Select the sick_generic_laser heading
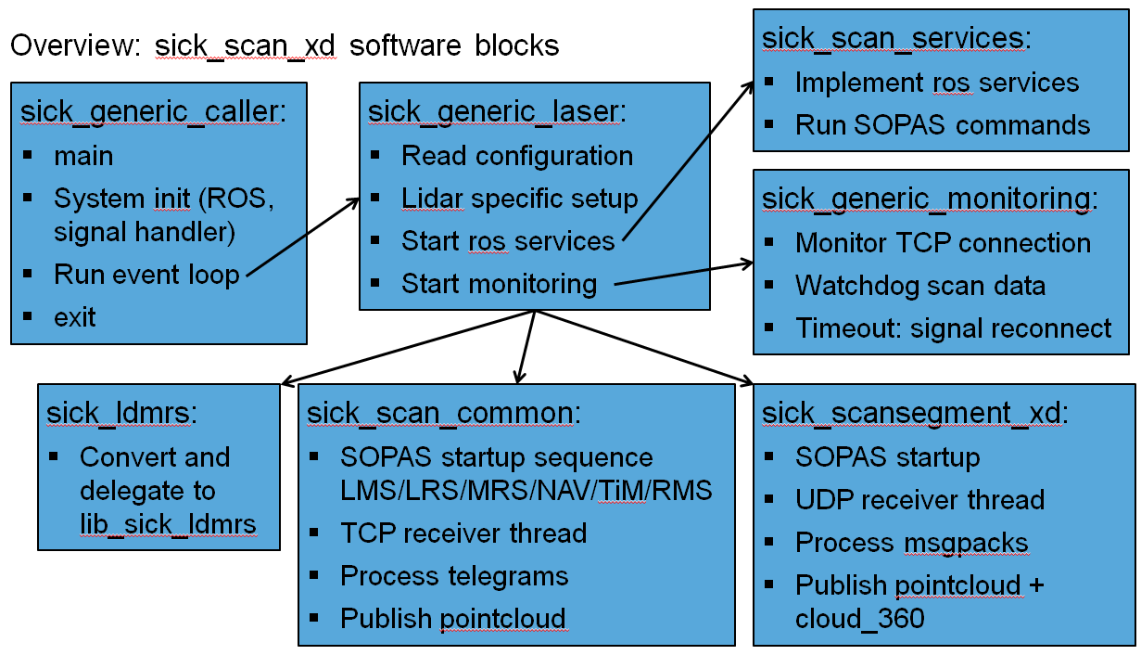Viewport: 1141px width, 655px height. pos(497,112)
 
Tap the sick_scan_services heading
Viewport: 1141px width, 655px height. pos(896,39)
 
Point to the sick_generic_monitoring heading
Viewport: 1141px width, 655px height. pos(927,199)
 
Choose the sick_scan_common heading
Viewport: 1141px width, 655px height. pos(443,413)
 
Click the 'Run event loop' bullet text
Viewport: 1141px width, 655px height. pos(146,275)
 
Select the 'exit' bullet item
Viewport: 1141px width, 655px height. pos(75,317)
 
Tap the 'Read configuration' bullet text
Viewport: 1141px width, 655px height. pos(517,156)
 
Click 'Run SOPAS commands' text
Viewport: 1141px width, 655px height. pos(943,125)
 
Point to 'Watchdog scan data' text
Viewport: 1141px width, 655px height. pos(920,286)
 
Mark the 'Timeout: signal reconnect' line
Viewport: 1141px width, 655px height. pos(954,328)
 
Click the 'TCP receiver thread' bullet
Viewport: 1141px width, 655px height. pos(463,533)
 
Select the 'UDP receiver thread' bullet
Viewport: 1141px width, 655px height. pos(919,500)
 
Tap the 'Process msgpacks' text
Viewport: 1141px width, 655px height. pos(912,543)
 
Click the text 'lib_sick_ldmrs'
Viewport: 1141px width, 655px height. pos(168,524)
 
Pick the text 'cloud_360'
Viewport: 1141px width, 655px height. pos(860,619)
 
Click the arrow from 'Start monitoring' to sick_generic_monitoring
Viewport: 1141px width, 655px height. pos(684,274)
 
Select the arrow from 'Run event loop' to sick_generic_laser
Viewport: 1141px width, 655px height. pos(303,238)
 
